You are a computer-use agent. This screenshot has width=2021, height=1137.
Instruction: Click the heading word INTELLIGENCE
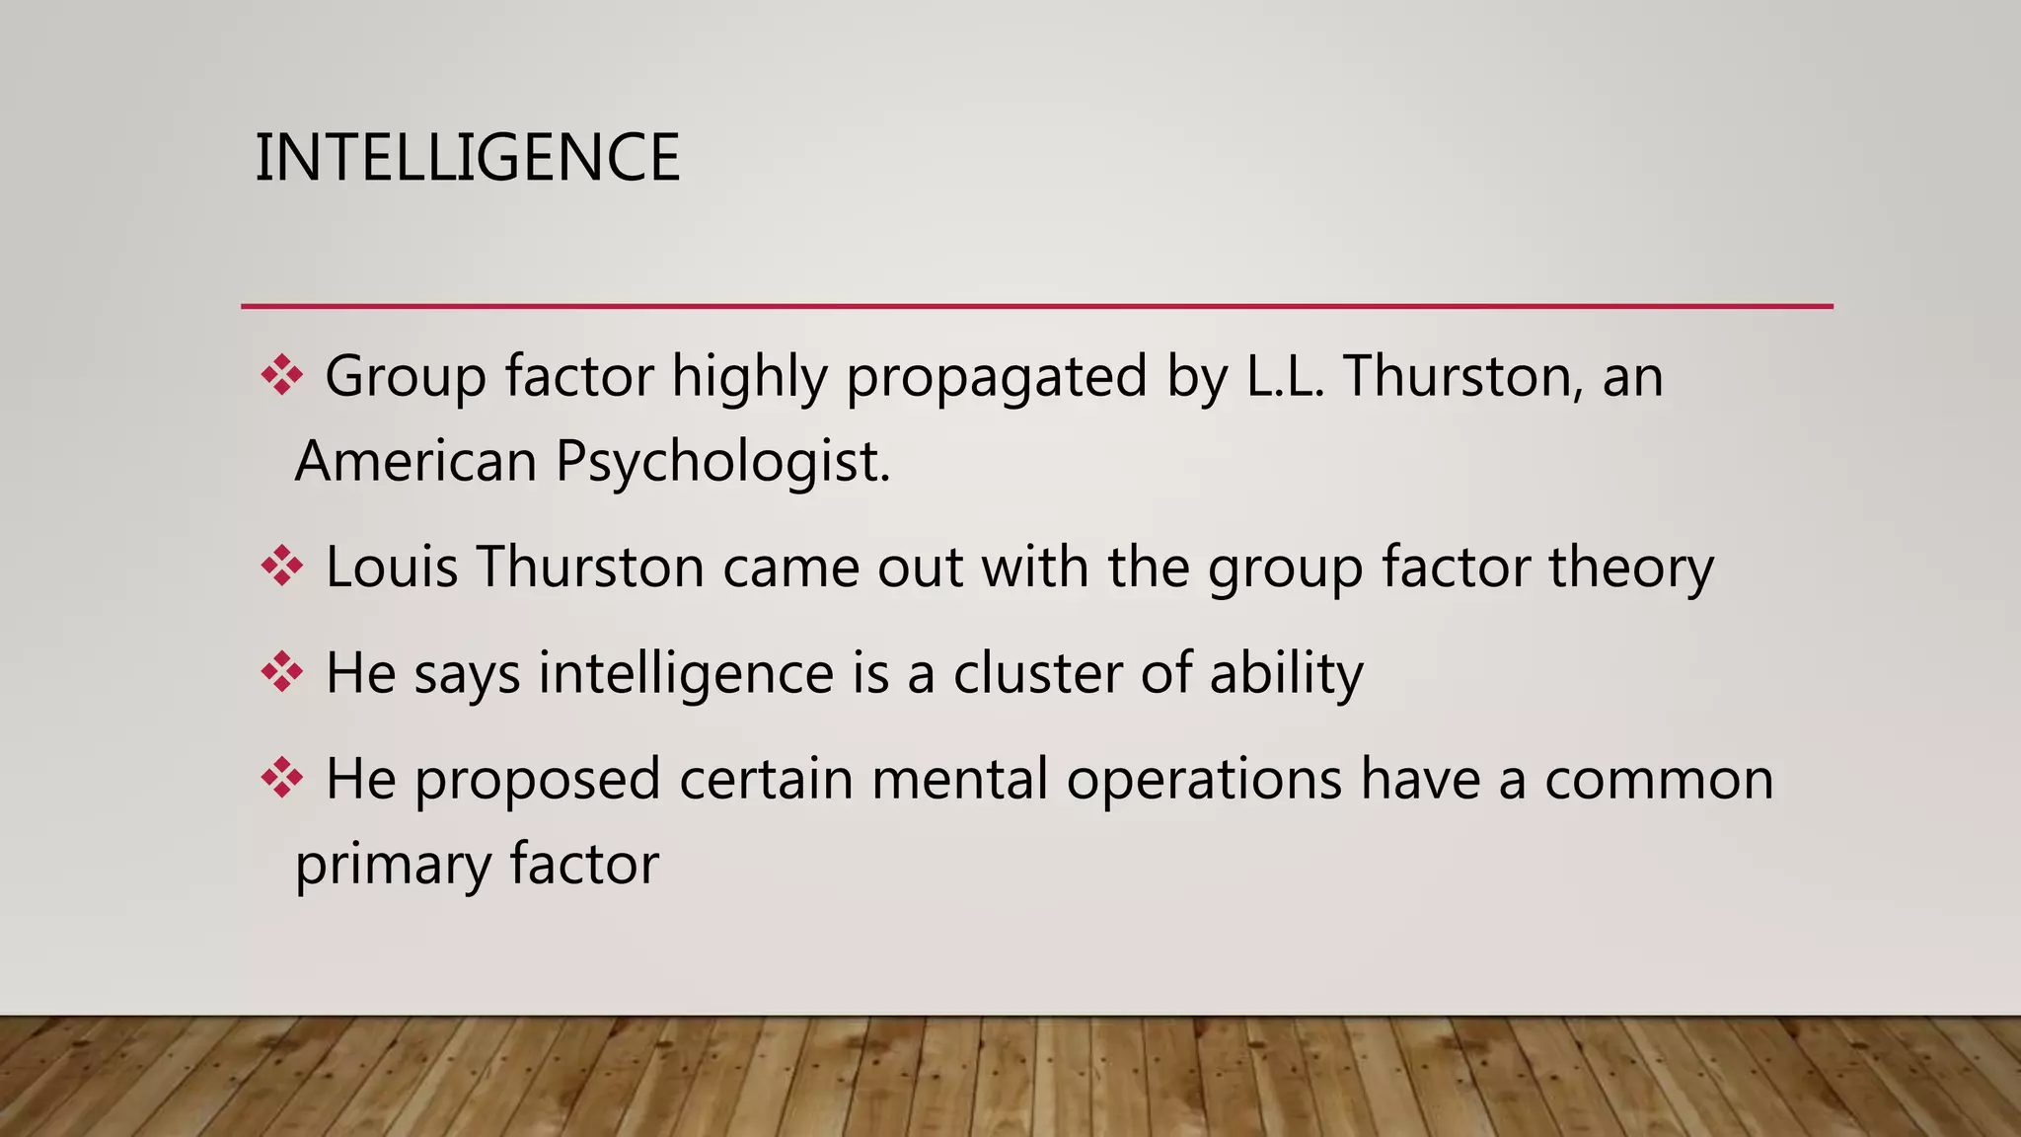tap(467, 158)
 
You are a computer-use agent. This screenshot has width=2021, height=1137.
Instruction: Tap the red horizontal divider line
tap(1036, 306)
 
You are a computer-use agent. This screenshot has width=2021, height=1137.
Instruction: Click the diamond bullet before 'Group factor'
tap(281, 376)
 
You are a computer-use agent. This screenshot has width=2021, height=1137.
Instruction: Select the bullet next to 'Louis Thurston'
tap(281, 567)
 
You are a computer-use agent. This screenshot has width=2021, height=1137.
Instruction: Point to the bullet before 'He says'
tap(281, 673)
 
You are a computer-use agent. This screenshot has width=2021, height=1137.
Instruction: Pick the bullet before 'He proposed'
tap(281, 779)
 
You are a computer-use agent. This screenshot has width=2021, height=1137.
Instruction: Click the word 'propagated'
tap(997, 378)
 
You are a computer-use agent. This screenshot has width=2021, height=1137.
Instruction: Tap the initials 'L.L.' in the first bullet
tap(1284, 376)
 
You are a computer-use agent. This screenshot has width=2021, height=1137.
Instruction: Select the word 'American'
tap(415, 461)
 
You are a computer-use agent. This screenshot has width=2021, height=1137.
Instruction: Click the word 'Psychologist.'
tap(723, 463)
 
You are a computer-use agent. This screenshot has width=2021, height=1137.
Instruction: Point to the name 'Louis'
tap(392, 567)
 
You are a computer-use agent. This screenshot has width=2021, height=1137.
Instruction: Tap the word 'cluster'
tap(1037, 673)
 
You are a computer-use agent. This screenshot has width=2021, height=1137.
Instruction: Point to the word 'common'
tap(1659, 780)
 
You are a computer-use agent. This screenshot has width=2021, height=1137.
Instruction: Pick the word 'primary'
tap(393, 866)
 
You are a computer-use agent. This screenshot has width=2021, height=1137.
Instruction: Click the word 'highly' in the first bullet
tap(749, 378)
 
